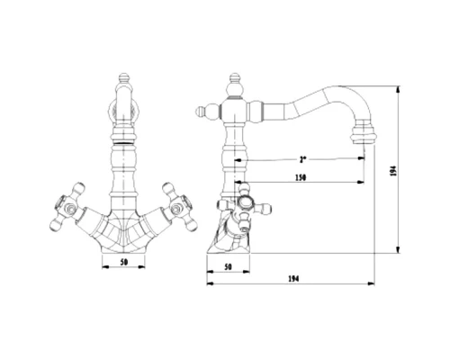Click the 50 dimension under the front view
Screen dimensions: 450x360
point(124,262)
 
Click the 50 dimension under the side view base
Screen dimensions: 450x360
point(229,266)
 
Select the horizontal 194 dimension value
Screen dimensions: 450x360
point(294,279)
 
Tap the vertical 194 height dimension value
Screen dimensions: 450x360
point(394,171)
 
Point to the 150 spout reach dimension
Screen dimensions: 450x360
point(301,177)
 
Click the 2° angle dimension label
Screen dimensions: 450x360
point(302,159)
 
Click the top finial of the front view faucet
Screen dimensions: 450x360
point(124,78)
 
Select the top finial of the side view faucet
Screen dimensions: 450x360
point(235,78)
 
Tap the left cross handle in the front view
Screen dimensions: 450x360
point(67,207)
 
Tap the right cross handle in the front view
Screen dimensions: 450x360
point(180,207)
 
